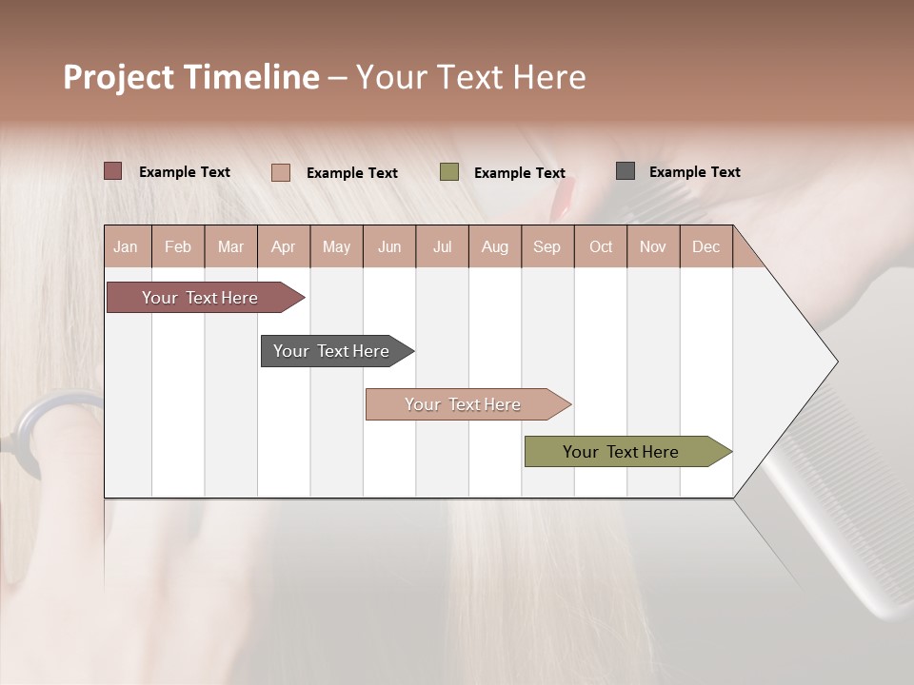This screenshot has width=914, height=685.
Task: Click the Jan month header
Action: pos(126,246)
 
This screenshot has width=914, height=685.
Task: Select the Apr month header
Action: pos(283,246)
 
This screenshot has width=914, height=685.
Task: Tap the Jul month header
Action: pos(442,246)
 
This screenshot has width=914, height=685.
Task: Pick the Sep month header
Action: pos(546,246)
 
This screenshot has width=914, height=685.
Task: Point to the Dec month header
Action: pos(705,246)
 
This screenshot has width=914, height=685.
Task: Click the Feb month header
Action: pos(178,246)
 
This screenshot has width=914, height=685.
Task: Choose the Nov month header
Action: pos(652,246)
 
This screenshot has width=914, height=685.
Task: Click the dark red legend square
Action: pos(113,171)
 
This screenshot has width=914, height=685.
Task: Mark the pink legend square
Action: pos(281,172)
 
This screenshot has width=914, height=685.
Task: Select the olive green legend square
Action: pos(449,172)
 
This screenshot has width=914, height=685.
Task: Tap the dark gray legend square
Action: pos(626,171)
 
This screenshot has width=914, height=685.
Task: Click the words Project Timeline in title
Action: pos(191,77)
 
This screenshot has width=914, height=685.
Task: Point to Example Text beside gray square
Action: pos(694,172)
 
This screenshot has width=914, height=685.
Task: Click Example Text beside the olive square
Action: pos(519,173)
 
